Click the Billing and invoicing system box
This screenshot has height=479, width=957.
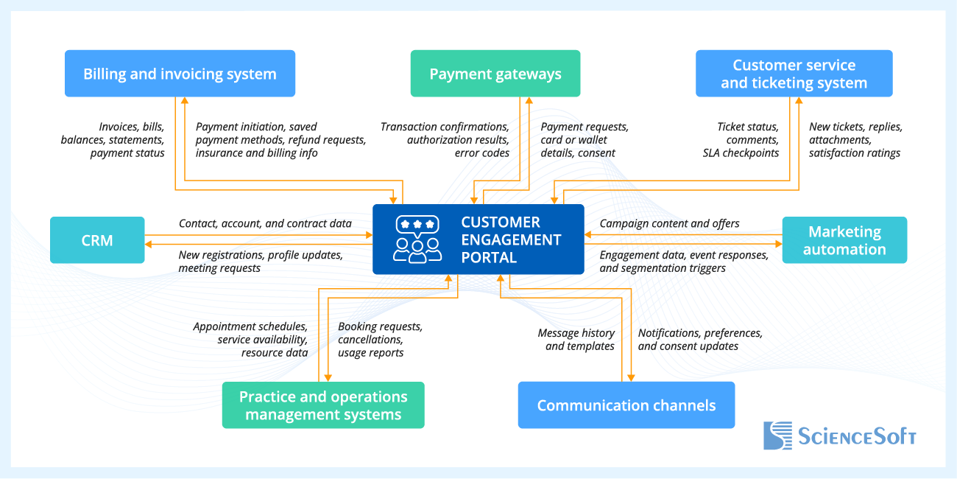[x=180, y=74]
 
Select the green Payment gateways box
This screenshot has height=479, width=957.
[x=495, y=74]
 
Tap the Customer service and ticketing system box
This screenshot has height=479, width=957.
[x=794, y=74]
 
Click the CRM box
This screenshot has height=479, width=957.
[x=97, y=240]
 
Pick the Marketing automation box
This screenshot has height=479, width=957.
[x=844, y=240]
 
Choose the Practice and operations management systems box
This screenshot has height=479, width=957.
[x=323, y=405]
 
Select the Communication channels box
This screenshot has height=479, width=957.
[x=626, y=405]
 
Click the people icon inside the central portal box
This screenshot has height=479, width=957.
[x=417, y=239]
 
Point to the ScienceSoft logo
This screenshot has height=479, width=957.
[x=839, y=436]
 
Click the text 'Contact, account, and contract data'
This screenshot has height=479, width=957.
[x=265, y=223]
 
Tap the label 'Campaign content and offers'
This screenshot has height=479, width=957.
[x=669, y=223]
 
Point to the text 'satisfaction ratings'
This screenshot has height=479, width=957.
[x=854, y=153]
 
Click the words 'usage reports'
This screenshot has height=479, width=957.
[x=370, y=353]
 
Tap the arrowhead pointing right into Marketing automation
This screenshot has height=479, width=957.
[x=778, y=244]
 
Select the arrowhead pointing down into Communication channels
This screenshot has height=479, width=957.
[x=632, y=377]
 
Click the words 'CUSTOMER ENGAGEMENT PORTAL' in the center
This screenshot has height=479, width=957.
[x=510, y=239]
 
